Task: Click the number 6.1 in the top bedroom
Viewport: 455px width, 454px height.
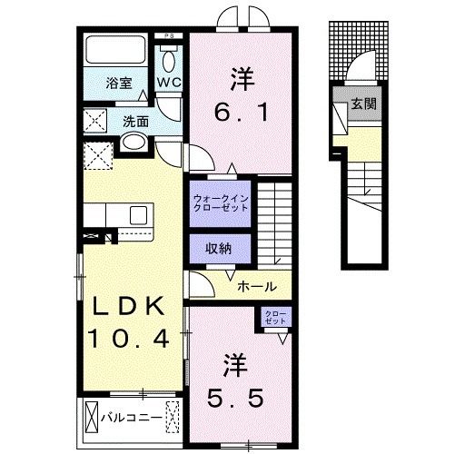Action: click(x=240, y=113)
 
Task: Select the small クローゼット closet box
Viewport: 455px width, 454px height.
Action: click(x=276, y=318)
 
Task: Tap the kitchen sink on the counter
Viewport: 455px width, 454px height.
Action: click(x=137, y=215)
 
